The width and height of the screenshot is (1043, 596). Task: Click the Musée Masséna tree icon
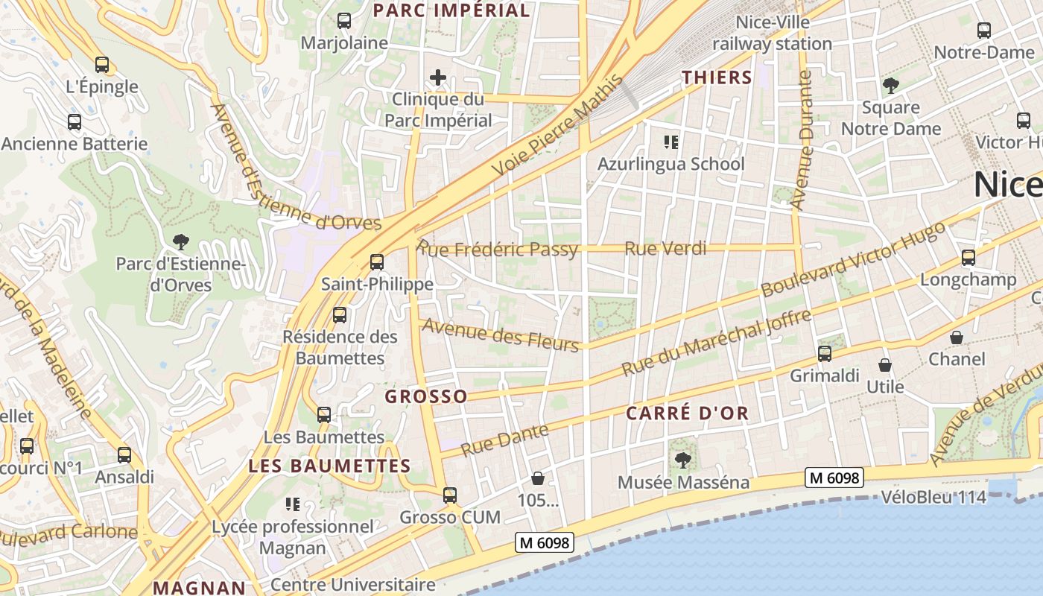pyautogui.click(x=682, y=460)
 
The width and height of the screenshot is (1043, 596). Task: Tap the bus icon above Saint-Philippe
pyautogui.click(x=377, y=262)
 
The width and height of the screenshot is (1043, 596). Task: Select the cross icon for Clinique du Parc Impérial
pyautogui.click(x=438, y=77)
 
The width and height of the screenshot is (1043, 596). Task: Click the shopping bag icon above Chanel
pyautogui.click(x=957, y=337)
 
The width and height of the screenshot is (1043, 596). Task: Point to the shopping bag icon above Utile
pyautogui.click(x=885, y=365)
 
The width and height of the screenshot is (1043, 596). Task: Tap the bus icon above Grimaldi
pyautogui.click(x=825, y=354)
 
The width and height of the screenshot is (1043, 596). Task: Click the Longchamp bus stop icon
pyautogui.click(x=968, y=258)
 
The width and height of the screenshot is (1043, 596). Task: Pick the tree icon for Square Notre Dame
pyautogui.click(x=891, y=86)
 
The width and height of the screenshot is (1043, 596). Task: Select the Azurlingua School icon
pyautogui.click(x=671, y=142)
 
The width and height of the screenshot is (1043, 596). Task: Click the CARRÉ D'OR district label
pyautogui.click(x=687, y=413)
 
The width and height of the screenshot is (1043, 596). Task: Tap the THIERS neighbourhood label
pyautogui.click(x=717, y=77)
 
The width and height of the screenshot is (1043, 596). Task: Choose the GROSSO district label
pyautogui.click(x=426, y=396)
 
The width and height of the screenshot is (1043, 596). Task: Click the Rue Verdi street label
pyautogui.click(x=665, y=248)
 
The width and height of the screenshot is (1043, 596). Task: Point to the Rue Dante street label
pyautogui.click(x=505, y=440)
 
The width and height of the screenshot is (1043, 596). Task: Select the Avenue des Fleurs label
pyautogui.click(x=501, y=335)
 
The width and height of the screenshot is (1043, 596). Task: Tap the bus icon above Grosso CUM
pyautogui.click(x=450, y=495)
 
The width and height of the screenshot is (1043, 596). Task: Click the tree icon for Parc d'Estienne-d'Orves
pyautogui.click(x=180, y=241)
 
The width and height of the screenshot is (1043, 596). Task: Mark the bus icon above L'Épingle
pyautogui.click(x=102, y=65)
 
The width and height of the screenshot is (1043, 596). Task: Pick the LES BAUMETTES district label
pyautogui.click(x=329, y=466)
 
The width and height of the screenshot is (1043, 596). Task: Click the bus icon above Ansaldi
pyautogui.click(x=124, y=454)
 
